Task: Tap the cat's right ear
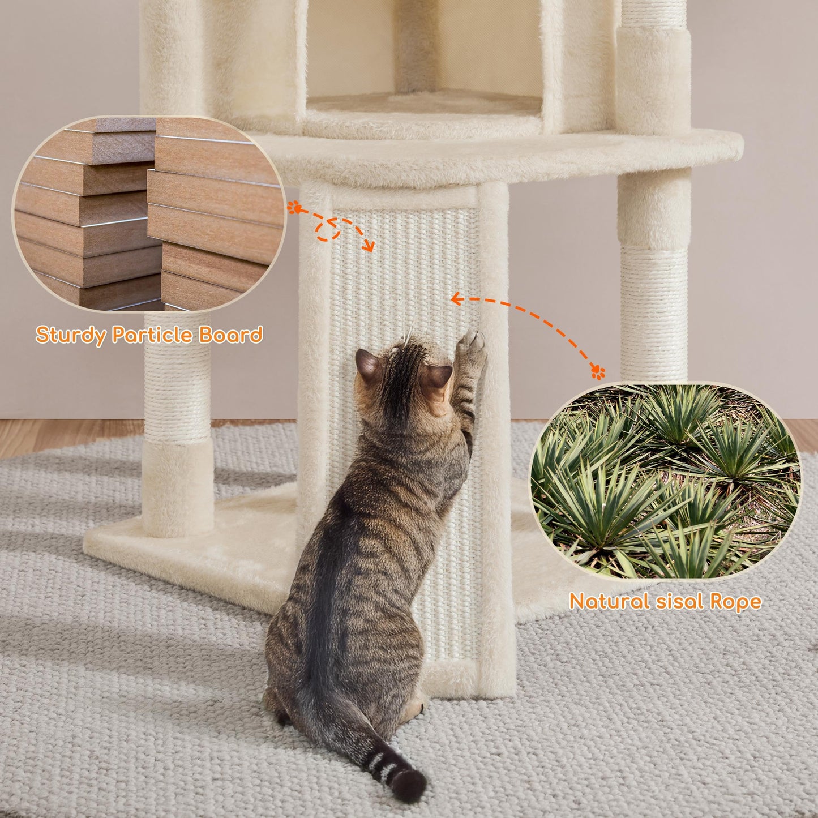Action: click(x=439, y=376)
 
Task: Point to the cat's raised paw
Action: click(x=472, y=346)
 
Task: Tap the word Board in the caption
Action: click(x=230, y=335)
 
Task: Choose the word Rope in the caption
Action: click(x=737, y=601)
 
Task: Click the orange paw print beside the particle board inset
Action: click(x=293, y=208)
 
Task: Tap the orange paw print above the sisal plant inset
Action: click(x=598, y=372)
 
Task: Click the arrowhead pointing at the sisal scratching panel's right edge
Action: click(x=455, y=299)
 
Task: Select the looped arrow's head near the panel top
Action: click(x=369, y=246)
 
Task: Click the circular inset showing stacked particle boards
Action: click(x=148, y=214)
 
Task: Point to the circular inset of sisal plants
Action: click(x=665, y=480)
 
